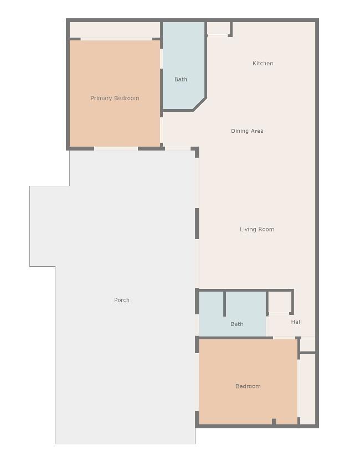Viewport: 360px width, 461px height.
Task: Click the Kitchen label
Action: tap(263, 63)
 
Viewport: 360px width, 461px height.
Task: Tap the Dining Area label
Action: tap(247, 131)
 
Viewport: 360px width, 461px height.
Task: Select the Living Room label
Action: tap(257, 229)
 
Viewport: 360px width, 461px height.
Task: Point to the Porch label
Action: tap(122, 300)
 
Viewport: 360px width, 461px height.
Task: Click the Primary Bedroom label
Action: tap(115, 98)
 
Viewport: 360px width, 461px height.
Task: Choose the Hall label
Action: tap(296, 322)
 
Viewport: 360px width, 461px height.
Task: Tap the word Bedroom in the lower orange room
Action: tap(248, 386)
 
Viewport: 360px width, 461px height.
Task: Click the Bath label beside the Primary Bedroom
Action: tap(181, 79)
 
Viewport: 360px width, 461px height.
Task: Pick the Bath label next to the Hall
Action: tap(236, 324)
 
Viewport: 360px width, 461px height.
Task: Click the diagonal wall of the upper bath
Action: tap(199, 104)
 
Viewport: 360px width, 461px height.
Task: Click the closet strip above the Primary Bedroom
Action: tap(115, 30)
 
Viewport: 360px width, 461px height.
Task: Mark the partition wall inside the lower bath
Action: tap(224, 304)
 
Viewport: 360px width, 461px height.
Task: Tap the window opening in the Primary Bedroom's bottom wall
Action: tap(116, 149)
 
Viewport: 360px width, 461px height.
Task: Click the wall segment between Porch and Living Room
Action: tap(197, 224)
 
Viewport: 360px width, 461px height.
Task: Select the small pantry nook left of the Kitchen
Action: tap(218, 29)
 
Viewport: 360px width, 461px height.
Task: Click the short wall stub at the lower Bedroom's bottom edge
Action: tap(274, 422)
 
